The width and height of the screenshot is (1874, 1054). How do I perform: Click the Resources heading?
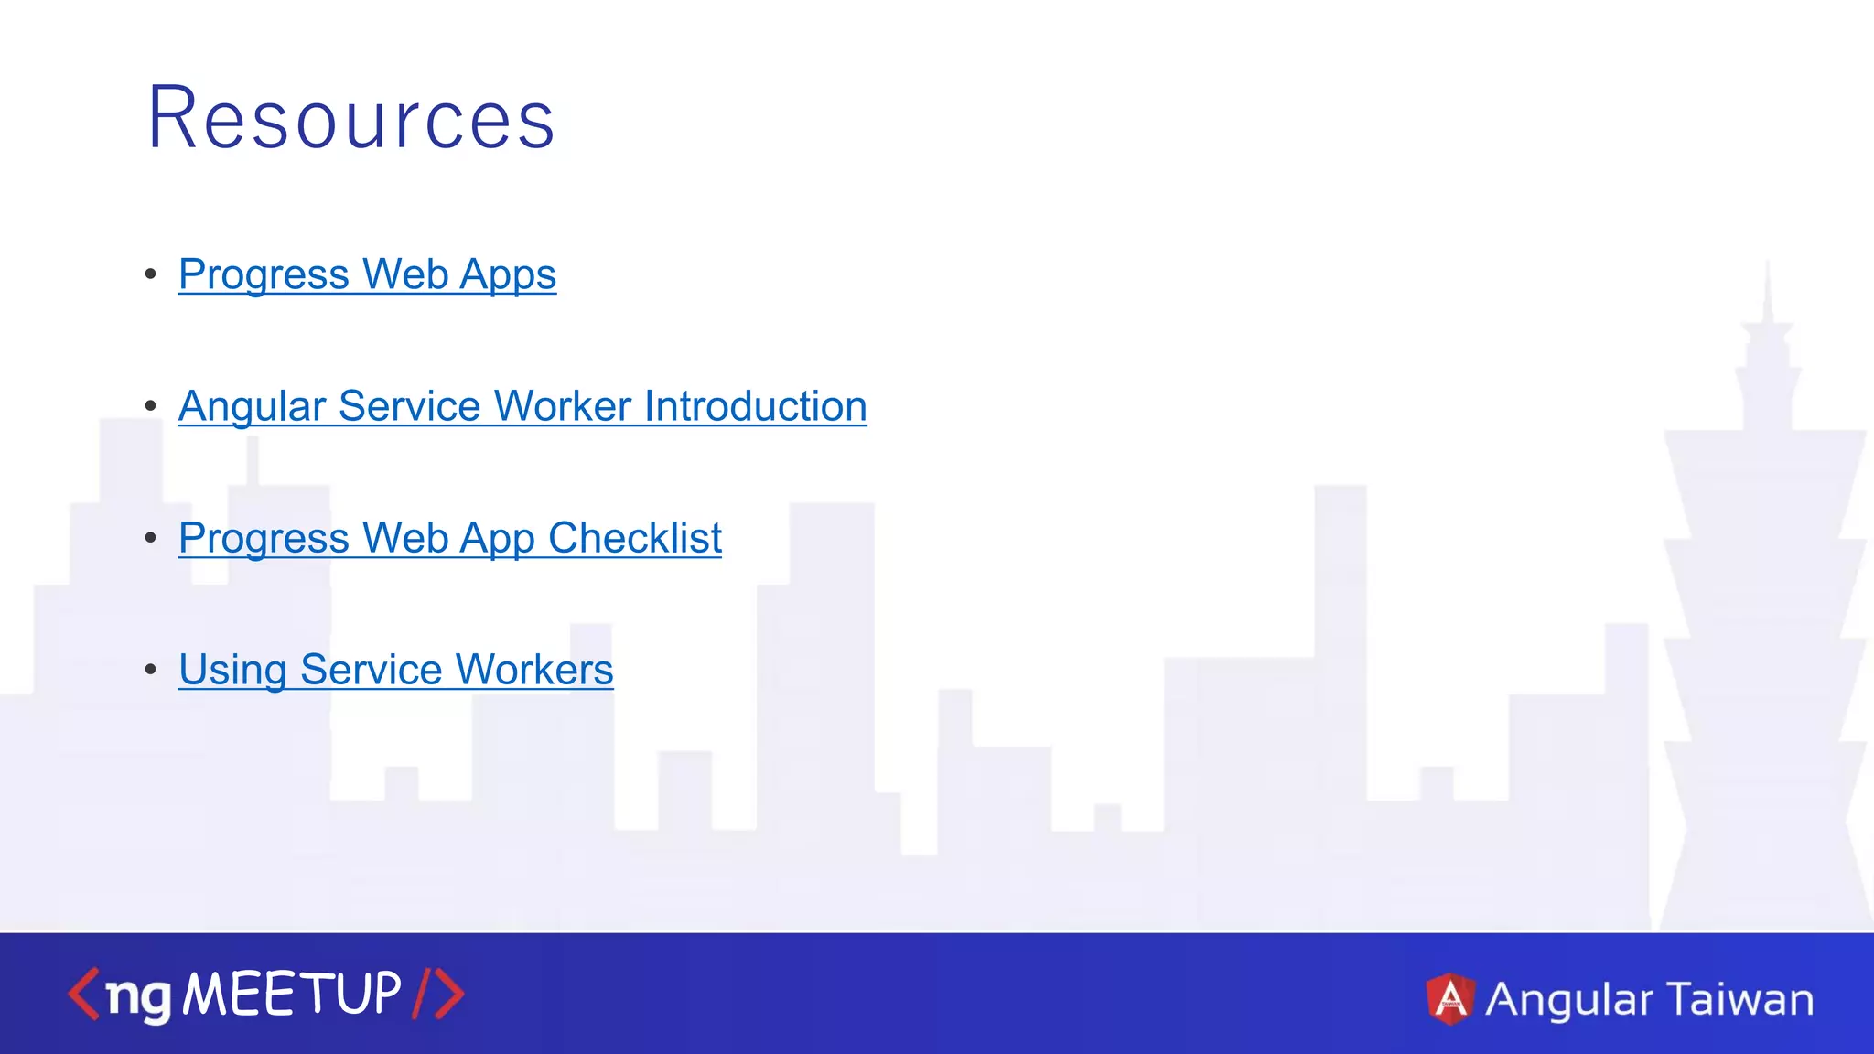coord(351,118)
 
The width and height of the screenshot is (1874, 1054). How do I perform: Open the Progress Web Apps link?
coord(367,274)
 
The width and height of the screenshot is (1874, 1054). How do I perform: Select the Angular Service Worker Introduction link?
coord(522,406)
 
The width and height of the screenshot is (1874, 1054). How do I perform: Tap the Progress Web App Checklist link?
coord(450,538)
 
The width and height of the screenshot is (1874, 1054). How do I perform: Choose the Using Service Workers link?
coord(395,670)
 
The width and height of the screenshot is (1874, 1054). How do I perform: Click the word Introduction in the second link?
coord(755,406)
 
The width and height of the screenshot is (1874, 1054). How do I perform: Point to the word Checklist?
coord(635,538)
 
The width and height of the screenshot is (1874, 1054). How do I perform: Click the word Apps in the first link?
coord(508,274)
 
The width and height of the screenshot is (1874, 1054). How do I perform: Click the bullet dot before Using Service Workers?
coord(151,670)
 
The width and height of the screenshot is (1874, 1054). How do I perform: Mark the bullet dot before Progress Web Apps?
coord(151,274)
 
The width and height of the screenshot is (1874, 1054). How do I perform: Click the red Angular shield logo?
coord(1450,998)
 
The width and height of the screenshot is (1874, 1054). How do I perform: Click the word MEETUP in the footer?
coord(292,994)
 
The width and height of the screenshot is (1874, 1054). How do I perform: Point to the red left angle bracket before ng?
coord(83,994)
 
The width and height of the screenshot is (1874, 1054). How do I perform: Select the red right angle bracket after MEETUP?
coord(449,994)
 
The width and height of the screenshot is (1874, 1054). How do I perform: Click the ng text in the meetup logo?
coord(138,996)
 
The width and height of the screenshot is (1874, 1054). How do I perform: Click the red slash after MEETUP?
coord(421,994)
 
